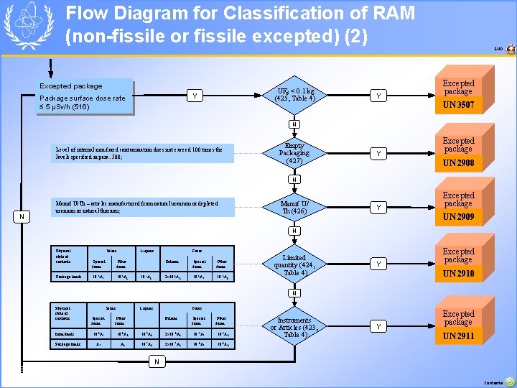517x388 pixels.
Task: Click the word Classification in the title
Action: pos(274,13)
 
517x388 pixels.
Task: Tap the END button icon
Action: pos(511,50)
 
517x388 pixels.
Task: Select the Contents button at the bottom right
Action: pos(509,382)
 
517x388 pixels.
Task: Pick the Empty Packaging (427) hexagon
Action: pos(294,153)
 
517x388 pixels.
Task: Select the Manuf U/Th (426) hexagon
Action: pos(294,208)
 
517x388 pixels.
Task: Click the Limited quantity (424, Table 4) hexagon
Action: pos(294,265)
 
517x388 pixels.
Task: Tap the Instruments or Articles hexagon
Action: pos(294,327)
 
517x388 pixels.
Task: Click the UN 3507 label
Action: pos(458,106)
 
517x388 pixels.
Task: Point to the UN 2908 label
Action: pos(458,163)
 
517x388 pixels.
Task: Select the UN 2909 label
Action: pos(458,216)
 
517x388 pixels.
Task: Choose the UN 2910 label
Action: pos(458,274)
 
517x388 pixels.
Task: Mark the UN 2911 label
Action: pos(458,336)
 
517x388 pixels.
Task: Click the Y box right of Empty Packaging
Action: pos(379,153)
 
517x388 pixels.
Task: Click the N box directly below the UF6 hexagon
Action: pos(294,123)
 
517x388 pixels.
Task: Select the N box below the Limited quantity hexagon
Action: pos(294,293)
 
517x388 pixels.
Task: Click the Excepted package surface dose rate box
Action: pos(85,96)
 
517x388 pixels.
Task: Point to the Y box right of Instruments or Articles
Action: pos(379,327)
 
